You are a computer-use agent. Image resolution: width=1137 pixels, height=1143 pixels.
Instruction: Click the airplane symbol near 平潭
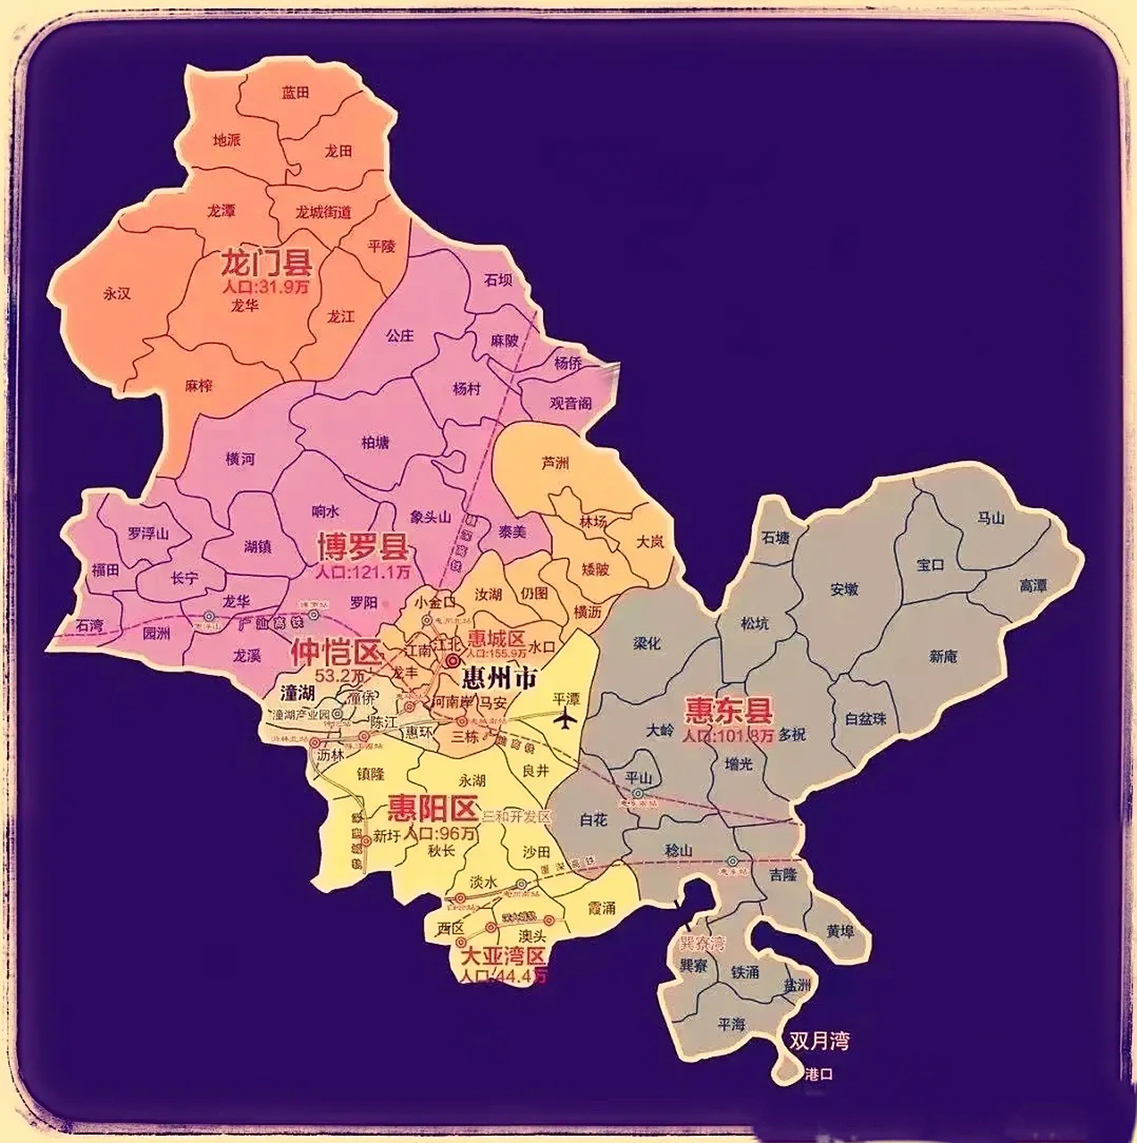565,718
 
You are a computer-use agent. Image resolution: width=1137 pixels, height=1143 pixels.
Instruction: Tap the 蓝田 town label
296,92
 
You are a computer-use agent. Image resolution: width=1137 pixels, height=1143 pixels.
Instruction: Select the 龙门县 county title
265,264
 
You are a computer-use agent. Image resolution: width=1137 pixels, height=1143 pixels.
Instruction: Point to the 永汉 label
117,293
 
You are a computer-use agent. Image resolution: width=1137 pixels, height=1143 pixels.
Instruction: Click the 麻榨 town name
199,385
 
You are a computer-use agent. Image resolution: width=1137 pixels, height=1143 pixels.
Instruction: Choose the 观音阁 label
571,403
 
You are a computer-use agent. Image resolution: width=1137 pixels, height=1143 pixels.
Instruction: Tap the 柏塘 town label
375,442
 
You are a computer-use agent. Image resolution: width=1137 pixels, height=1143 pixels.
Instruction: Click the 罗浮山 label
147,533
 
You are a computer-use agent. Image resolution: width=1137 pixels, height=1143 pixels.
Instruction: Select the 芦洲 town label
555,463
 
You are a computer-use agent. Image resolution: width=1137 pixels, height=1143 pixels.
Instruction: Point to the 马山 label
991,518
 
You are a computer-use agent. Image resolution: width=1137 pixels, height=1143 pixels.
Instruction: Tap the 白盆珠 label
865,718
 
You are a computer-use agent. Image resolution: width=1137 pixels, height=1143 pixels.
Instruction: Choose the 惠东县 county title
728,711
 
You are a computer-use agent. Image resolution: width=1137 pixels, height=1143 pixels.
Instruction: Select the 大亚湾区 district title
501,956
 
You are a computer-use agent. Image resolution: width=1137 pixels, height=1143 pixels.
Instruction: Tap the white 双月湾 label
818,1040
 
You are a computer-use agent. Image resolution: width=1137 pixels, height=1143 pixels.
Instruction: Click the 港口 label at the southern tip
818,1074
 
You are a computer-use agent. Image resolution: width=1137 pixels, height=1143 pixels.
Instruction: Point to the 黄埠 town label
840,931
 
